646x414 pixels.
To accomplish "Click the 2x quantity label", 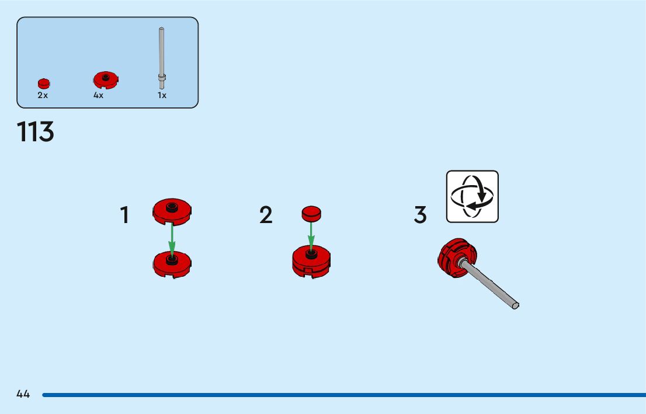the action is pyautogui.click(x=43, y=95).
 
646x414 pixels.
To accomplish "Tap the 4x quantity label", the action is pyautogui.click(x=98, y=95).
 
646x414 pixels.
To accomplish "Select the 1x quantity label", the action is pyautogui.click(x=162, y=95).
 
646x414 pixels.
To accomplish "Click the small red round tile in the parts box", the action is pyautogui.click(x=44, y=84).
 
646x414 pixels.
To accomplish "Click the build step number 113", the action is pyautogui.click(x=36, y=133).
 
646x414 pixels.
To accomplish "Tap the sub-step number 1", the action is pyautogui.click(x=125, y=215).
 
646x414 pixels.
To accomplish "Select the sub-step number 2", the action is pyautogui.click(x=266, y=215).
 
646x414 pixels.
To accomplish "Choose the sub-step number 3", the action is pyautogui.click(x=420, y=215).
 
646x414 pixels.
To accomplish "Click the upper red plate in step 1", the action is pyautogui.click(x=172, y=211).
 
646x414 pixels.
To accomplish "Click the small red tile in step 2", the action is pyautogui.click(x=311, y=213).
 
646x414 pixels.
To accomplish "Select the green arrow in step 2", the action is pyautogui.click(x=311, y=236).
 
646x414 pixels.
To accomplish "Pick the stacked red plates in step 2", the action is pyautogui.click(x=311, y=262).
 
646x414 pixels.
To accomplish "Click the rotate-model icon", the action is pyautogui.click(x=473, y=196).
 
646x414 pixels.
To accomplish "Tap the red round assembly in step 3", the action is pyautogui.click(x=456, y=258).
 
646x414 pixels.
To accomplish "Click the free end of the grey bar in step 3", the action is pyautogui.click(x=515, y=304).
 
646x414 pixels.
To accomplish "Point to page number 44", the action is pyautogui.click(x=23, y=394).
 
